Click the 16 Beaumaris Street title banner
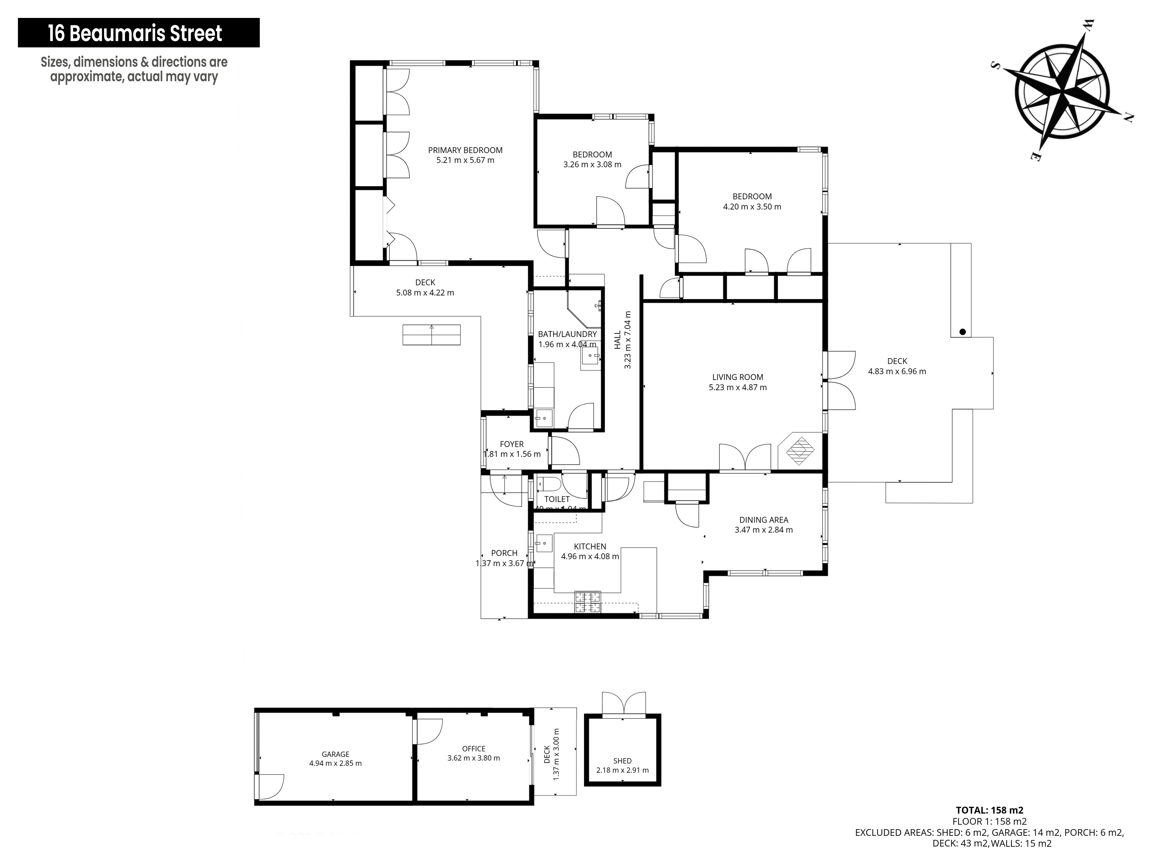coord(138,33)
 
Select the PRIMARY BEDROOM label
coord(465,150)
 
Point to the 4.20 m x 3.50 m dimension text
coord(752,206)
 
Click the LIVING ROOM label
coord(738,377)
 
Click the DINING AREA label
coord(764,519)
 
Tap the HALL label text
coord(618,340)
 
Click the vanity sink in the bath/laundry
coord(590,359)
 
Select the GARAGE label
coord(336,754)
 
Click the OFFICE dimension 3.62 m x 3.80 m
coord(473,758)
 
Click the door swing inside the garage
coord(270,787)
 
